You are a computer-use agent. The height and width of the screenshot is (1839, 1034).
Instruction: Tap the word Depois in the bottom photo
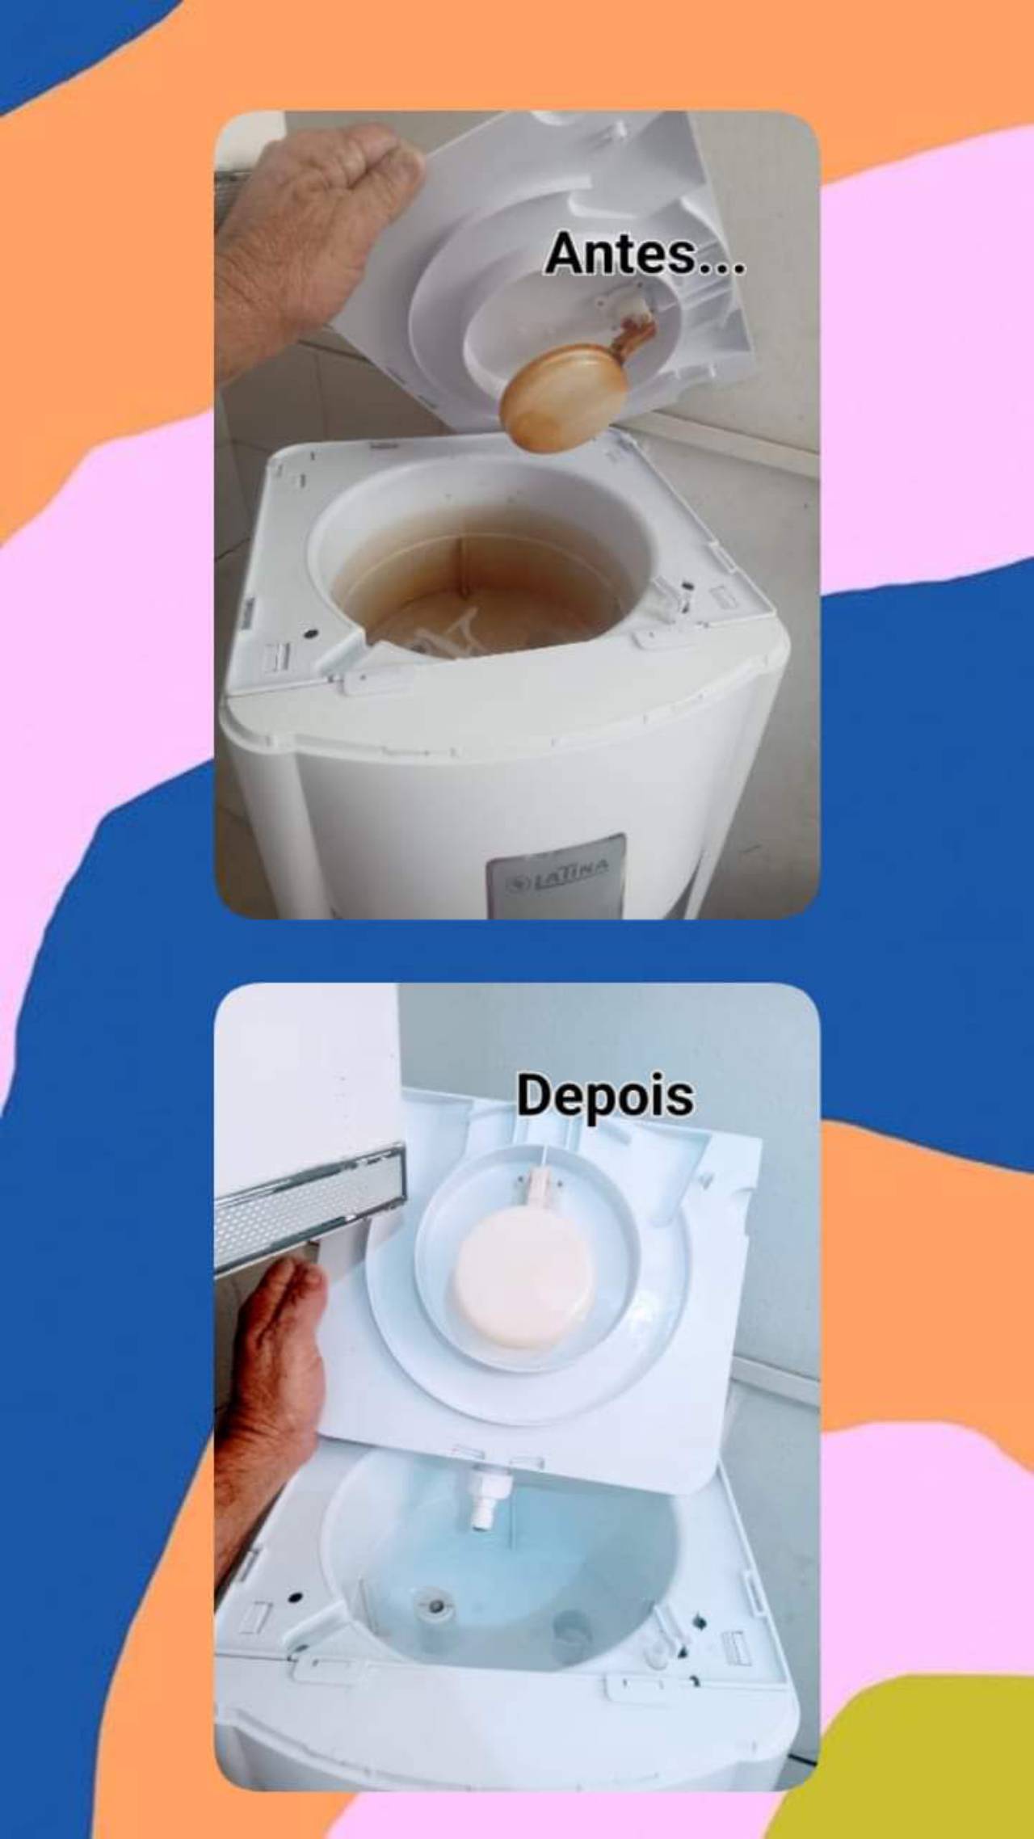605,1097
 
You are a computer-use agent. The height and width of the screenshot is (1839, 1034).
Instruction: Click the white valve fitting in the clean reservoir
484,1498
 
